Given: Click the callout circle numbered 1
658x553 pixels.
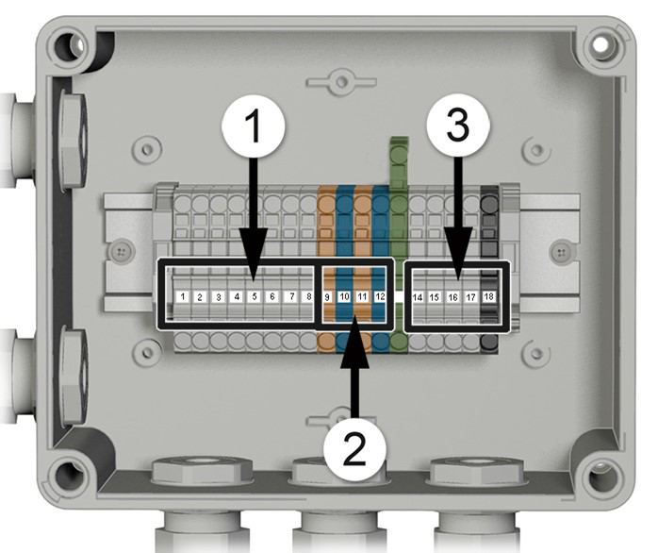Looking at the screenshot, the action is coord(253,126).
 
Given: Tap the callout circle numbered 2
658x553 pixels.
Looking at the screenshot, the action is coord(354,449).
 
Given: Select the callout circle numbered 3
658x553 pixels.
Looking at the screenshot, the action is coord(458,126).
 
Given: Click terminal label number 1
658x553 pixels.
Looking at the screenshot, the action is coord(183,296).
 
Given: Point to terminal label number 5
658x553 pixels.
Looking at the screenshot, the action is coord(255,296).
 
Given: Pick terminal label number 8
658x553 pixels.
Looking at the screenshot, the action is coord(309,296).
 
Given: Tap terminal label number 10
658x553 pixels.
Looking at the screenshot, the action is coord(344,296).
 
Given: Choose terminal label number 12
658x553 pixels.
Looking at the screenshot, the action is coord(380,296).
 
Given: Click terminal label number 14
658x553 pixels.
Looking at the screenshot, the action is coord(417,297).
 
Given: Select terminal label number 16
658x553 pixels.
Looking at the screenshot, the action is coord(452,297).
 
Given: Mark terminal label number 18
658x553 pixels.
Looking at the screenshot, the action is coord(488,296).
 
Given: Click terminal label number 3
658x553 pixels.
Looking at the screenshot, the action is coord(218,296).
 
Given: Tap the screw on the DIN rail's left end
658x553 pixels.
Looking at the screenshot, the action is coord(121,252).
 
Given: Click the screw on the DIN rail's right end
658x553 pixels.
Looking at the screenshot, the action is coord(560,252).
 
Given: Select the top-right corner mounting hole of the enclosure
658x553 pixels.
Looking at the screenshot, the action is coord(600,43).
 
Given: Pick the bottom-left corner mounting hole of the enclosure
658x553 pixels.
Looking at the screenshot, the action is coord(67,475).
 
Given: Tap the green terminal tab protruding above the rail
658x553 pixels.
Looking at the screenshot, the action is coord(399,161).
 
